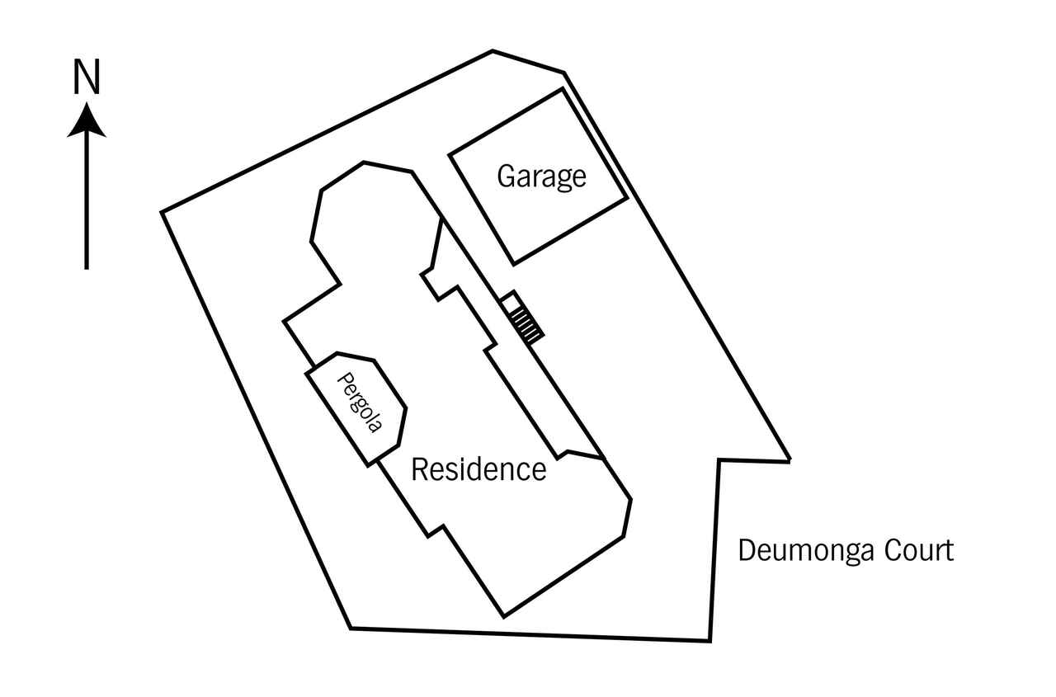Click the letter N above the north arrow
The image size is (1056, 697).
87,78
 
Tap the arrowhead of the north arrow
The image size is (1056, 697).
87,120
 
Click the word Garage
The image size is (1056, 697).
542,177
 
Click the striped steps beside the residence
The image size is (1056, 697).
527,326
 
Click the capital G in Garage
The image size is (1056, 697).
507,176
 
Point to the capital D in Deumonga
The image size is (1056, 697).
747,550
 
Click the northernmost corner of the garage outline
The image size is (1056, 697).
563,88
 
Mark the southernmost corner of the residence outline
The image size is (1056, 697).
503,617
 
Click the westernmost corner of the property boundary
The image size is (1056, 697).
162,212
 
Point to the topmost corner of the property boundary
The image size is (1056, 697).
493,50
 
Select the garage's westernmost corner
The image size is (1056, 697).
449,154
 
